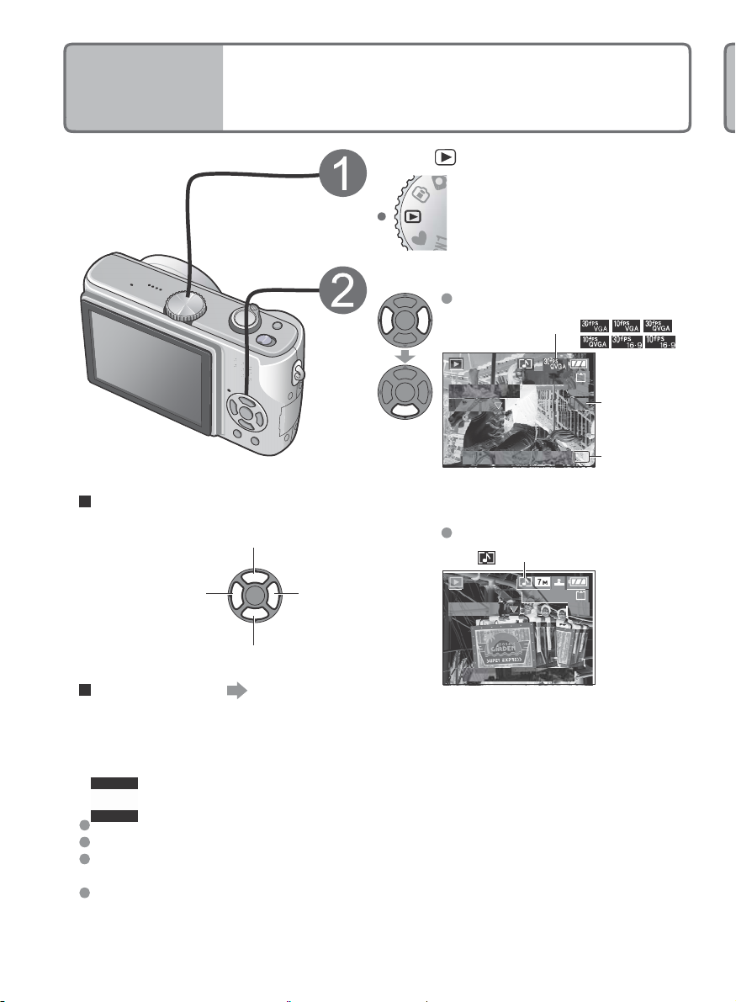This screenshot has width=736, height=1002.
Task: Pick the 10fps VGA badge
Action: click(x=626, y=325)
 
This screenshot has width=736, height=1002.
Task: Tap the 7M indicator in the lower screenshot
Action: click(x=550, y=582)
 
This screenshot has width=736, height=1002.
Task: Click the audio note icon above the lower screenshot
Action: click(x=486, y=557)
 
